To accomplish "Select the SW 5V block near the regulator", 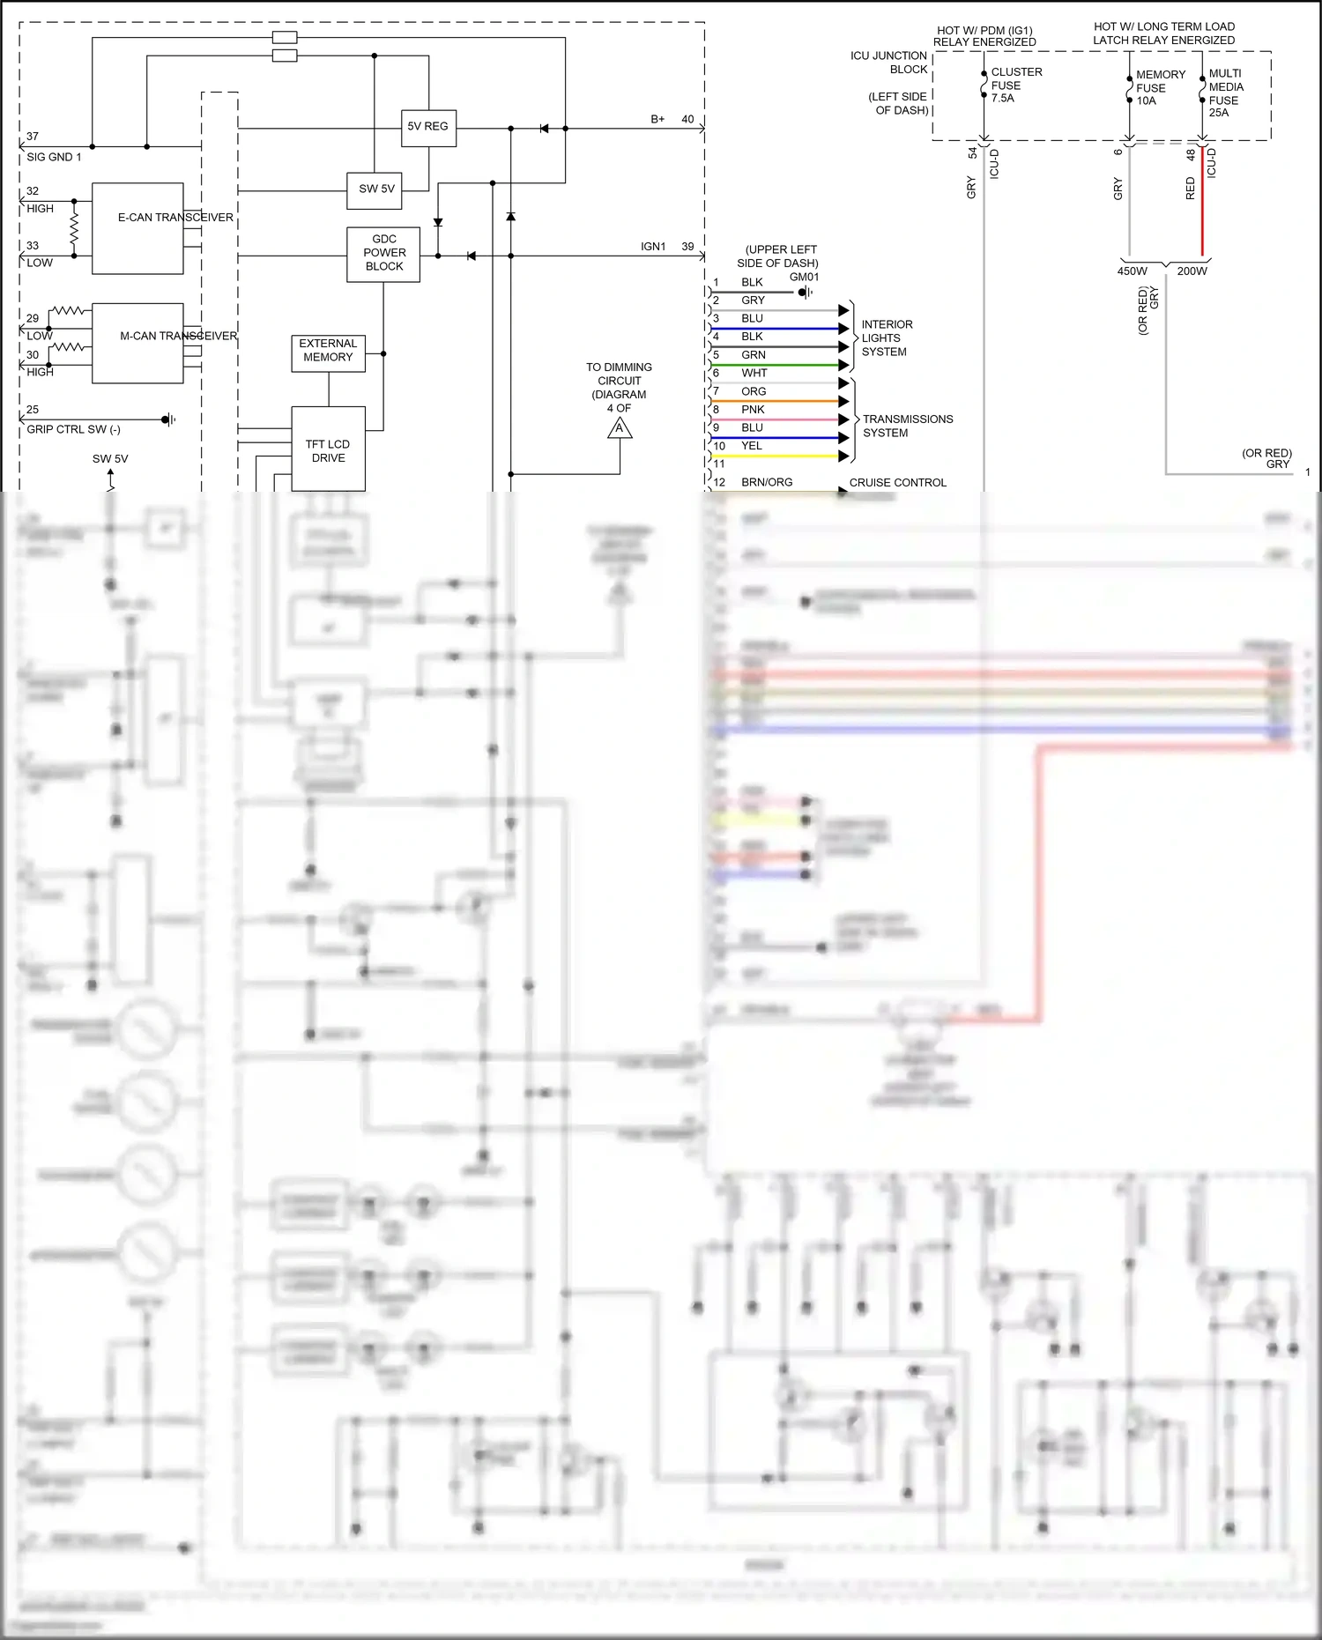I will coord(376,189).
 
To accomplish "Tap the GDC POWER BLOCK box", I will coord(383,253).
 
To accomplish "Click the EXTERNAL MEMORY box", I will coord(328,352).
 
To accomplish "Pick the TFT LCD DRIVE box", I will coord(328,449).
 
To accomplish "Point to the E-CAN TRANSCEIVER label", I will coord(175,218).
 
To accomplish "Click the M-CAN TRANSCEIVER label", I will coord(178,337).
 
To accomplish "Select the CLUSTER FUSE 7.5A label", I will coord(1015,85).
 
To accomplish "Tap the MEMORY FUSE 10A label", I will coord(1159,87).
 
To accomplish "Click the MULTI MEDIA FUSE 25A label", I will coord(1225,93).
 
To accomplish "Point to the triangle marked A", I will coord(620,429).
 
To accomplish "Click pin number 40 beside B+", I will coord(687,119).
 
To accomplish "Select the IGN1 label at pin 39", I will coord(653,247).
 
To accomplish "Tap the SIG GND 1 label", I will coord(54,158).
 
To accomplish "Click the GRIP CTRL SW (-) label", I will coord(73,430).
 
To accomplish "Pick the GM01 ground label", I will coord(804,277).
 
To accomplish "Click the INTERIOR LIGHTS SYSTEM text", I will coord(887,338).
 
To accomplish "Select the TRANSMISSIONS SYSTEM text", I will coord(907,426).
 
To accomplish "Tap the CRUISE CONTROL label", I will coord(897,483).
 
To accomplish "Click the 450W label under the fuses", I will coord(1132,271).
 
